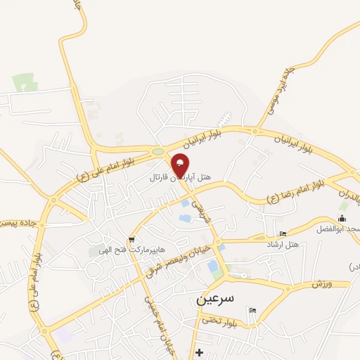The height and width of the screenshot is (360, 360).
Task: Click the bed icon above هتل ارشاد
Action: [x=283, y=233]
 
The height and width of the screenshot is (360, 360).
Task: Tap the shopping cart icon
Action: [x=131, y=240]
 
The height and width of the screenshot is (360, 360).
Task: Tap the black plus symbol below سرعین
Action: [x=200, y=352]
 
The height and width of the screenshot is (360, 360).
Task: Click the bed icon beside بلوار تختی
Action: [x=253, y=311]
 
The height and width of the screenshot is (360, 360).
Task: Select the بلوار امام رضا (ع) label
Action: [x=295, y=193]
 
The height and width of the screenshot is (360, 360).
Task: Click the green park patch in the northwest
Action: [x=23, y=83]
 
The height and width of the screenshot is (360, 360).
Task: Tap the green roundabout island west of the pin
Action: [x=157, y=151]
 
